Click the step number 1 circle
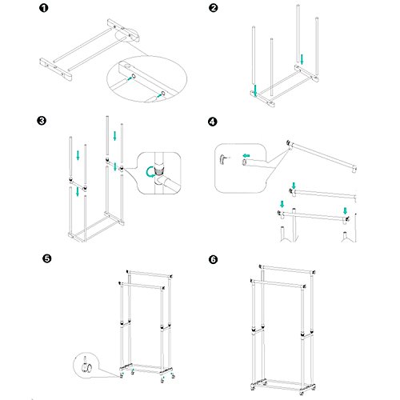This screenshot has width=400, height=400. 44,8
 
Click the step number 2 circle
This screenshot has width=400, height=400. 214,8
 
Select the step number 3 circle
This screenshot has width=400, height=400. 42,121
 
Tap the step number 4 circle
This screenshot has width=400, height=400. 212,122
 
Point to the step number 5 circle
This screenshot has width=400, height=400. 47,258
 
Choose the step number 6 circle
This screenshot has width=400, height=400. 214,259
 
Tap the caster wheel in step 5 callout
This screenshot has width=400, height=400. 86,367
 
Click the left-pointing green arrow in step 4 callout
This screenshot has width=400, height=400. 246,155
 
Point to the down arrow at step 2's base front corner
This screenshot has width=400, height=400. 255,90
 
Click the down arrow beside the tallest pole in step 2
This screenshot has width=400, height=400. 302,59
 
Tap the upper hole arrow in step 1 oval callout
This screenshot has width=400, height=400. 130,78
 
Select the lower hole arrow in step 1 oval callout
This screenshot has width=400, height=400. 159,95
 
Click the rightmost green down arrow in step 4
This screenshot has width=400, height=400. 345,210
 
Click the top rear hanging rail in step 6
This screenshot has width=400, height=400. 287,269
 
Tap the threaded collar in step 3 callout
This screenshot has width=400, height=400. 159,170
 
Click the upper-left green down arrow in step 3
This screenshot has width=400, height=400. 78,155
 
